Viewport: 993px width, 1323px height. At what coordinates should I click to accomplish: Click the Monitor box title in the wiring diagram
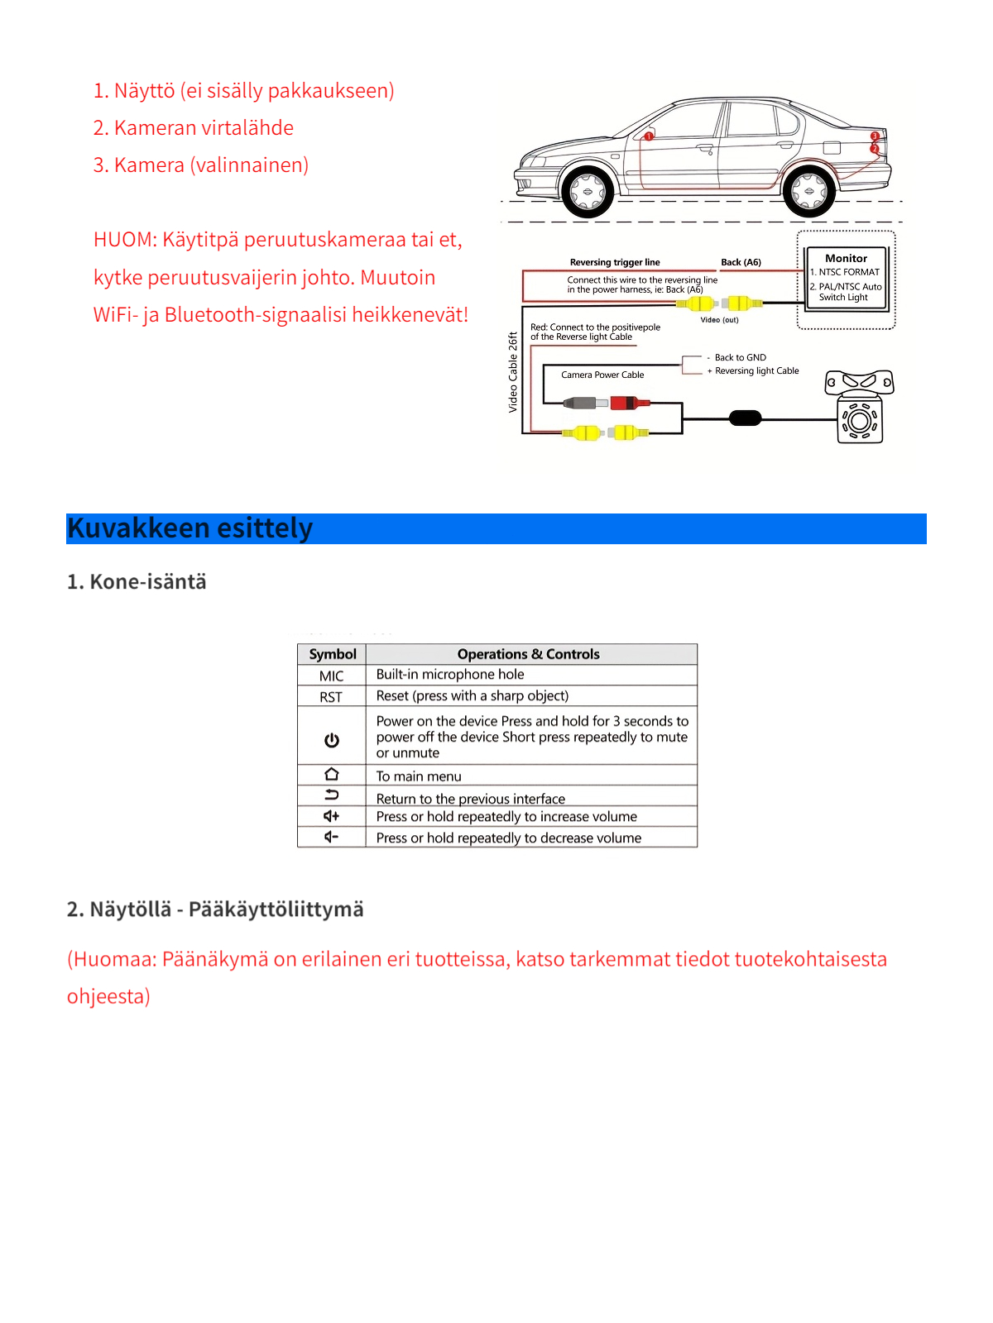click(x=846, y=258)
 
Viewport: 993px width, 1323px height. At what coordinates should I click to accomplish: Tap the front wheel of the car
click(x=588, y=192)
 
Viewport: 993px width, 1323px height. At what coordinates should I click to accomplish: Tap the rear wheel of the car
click(x=808, y=192)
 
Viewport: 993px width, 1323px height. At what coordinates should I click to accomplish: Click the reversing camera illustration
click(x=860, y=408)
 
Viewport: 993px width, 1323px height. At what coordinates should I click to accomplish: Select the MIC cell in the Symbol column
click(x=331, y=676)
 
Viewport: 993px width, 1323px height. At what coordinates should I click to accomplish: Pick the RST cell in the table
click(x=331, y=697)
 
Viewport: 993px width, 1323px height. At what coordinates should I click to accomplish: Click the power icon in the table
click(x=331, y=740)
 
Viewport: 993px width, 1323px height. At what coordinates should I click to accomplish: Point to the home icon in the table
click(x=331, y=774)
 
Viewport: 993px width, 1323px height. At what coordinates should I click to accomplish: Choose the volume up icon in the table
click(x=331, y=816)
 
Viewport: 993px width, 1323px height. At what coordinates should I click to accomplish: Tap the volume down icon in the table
click(x=331, y=837)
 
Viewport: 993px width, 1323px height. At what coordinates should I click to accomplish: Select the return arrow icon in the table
click(x=331, y=795)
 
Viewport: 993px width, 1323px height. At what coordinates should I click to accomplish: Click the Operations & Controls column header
click(x=528, y=654)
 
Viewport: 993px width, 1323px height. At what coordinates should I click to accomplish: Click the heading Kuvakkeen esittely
click(x=190, y=528)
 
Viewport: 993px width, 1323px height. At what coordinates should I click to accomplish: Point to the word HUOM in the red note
click(x=124, y=240)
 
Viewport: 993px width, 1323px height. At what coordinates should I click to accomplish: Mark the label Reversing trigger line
click(x=615, y=262)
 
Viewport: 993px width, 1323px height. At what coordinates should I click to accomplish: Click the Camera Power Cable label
click(x=602, y=375)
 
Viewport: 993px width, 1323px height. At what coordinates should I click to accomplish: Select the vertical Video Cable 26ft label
click(x=513, y=372)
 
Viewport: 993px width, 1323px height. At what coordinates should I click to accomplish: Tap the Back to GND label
click(x=740, y=357)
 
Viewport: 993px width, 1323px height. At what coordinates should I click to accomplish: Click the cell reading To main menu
click(x=419, y=776)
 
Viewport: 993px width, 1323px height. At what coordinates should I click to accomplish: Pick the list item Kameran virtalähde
click(x=204, y=128)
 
